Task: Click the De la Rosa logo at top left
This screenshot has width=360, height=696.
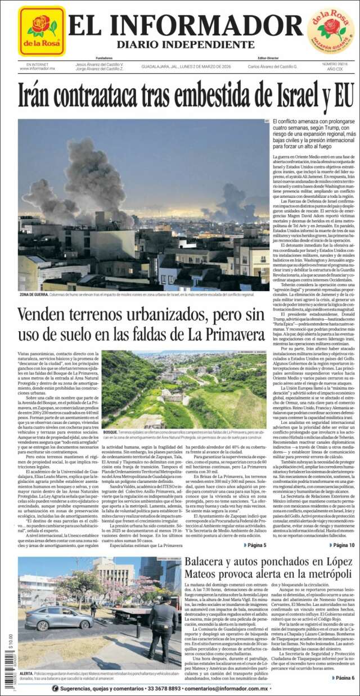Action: point(42,31)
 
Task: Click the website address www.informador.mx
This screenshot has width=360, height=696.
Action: point(37,69)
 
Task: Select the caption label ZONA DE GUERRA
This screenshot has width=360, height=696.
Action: point(33,294)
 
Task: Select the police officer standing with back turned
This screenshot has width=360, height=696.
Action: point(163,627)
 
